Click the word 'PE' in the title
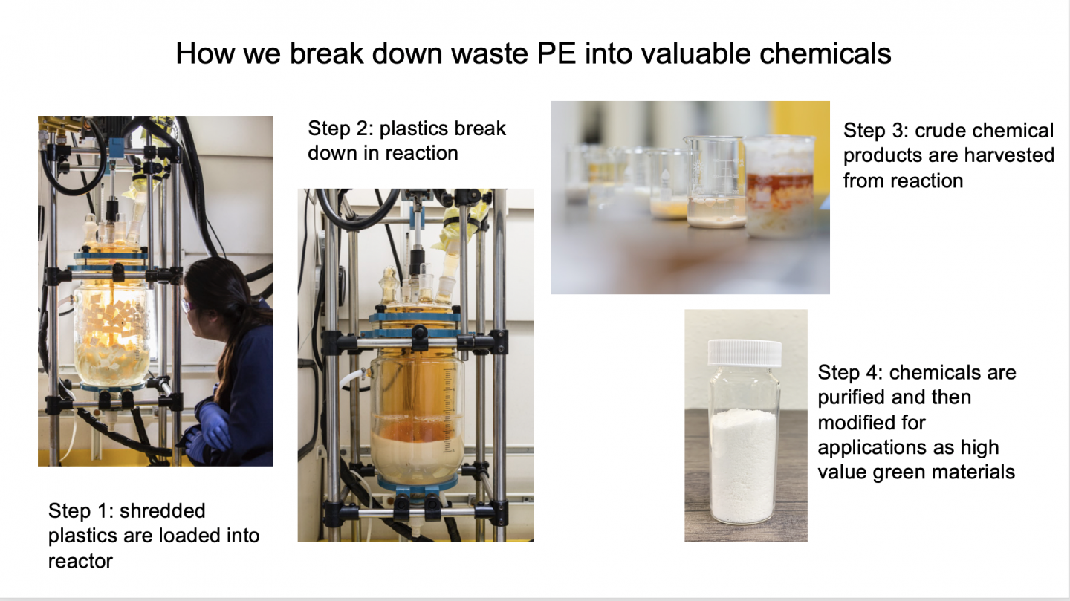(556, 53)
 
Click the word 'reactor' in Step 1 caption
(80, 562)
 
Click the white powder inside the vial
(745, 466)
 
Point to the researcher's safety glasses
(188, 305)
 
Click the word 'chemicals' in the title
(826, 53)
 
